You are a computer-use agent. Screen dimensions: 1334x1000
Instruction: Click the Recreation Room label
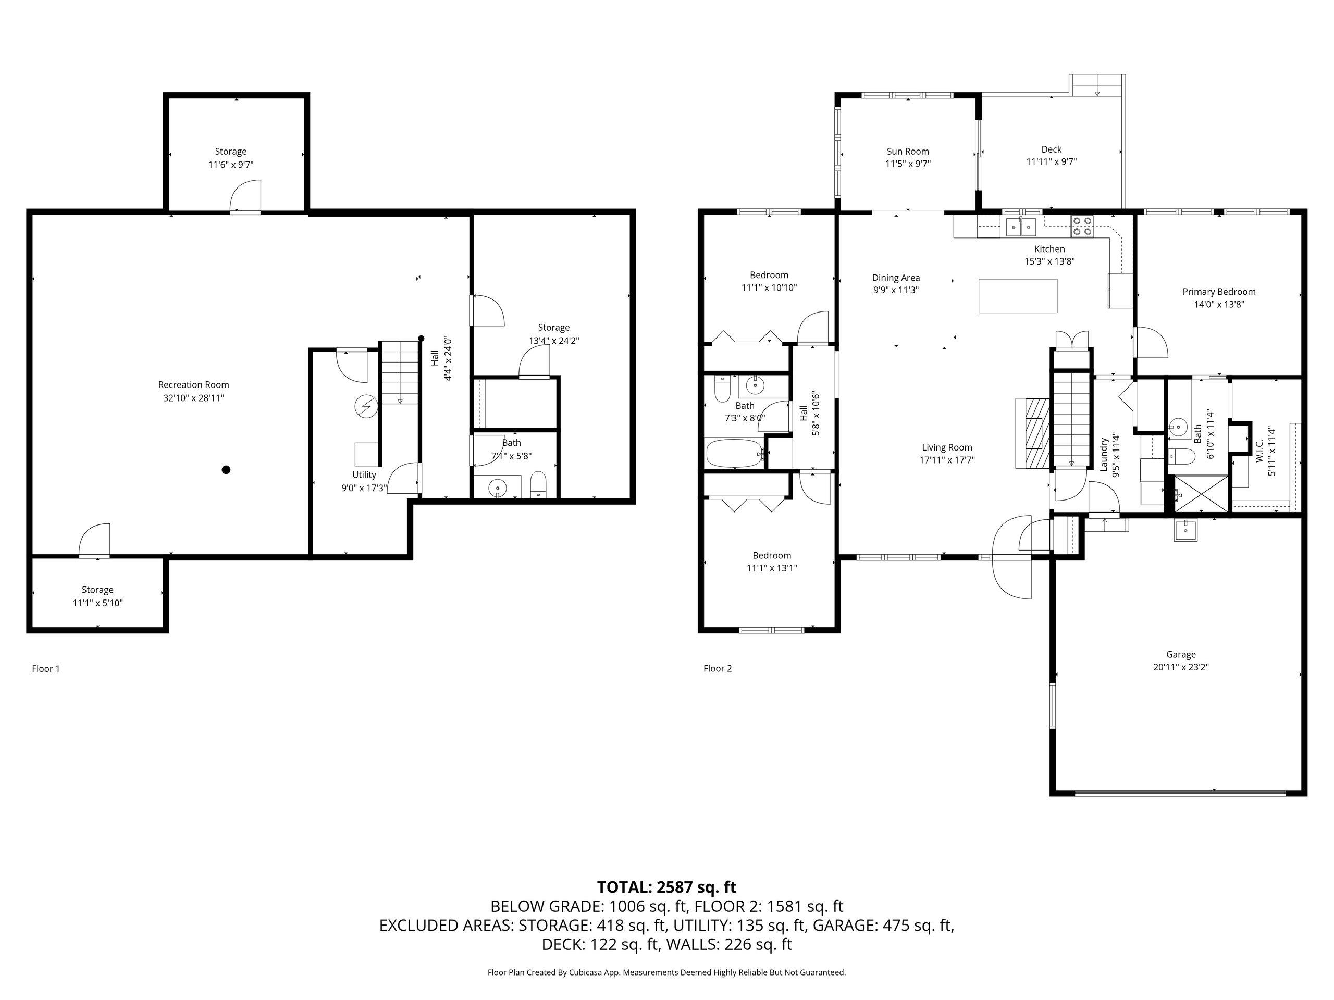pos(194,384)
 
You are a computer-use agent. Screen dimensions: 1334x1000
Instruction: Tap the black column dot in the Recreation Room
pos(226,470)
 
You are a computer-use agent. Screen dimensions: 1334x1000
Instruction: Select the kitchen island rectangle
pos(1017,295)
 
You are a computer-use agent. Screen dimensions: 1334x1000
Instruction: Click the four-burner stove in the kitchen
pos(1082,226)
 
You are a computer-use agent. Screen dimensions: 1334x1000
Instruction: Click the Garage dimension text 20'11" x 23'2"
pos(1180,667)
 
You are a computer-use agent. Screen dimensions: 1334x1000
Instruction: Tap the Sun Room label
pos(908,151)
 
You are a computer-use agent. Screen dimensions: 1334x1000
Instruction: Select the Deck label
pos(1051,149)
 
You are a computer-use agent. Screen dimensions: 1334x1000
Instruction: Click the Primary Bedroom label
pos(1219,292)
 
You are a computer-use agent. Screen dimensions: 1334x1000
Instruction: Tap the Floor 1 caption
pos(46,668)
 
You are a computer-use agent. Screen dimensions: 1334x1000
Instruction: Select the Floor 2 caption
pos(718,668)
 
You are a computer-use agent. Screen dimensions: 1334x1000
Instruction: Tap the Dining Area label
pos(896,278)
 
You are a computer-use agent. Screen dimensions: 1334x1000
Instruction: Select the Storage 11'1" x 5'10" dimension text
pos(97,603)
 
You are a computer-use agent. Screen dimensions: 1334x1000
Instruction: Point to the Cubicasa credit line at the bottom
pos(666,972)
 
